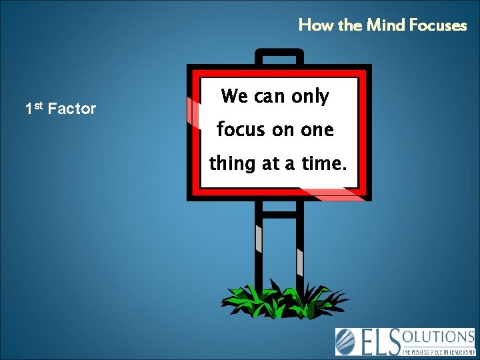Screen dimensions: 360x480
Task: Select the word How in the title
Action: pos(313,26)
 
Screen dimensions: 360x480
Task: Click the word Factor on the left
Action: pos(72,109)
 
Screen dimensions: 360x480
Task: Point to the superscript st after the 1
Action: pos(39,104)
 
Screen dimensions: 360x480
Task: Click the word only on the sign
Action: pos(309,97)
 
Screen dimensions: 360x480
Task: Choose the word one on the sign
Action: pos(317,129)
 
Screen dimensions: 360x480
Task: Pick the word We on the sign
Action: pos(234,97)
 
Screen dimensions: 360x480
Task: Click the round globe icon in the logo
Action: pos(346,341)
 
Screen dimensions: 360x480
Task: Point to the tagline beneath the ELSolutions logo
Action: pos(437,349)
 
